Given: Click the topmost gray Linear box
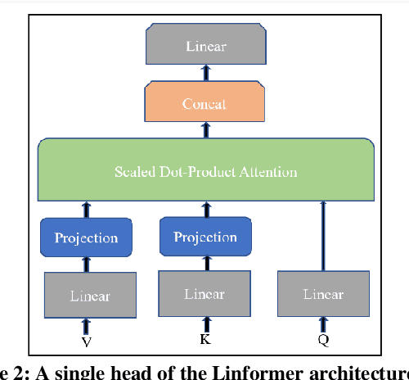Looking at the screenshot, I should point(205,46).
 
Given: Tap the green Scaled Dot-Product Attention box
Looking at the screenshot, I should point(205,171).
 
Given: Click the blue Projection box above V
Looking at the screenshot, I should point(86,238).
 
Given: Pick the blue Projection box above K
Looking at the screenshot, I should point(204,237).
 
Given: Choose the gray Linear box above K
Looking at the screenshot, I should point(204,293).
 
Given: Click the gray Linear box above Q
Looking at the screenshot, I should point(323,294).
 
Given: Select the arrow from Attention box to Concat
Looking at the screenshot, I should point(205,132).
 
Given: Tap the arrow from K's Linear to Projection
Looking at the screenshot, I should point(204,264).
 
